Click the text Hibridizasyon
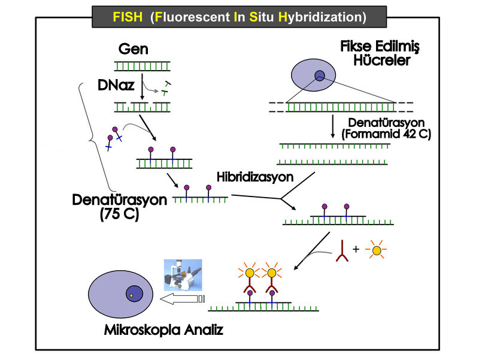pyautogui.click(x=256, y=177)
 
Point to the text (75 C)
pyautogui.click(x=120, y=214)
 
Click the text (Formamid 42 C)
pyautogui.click(x=386, y=135)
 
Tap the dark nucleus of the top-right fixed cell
pyautogui.click(x=320, y=75)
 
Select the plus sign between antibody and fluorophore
pyautogui.click(x=357, y=248)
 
